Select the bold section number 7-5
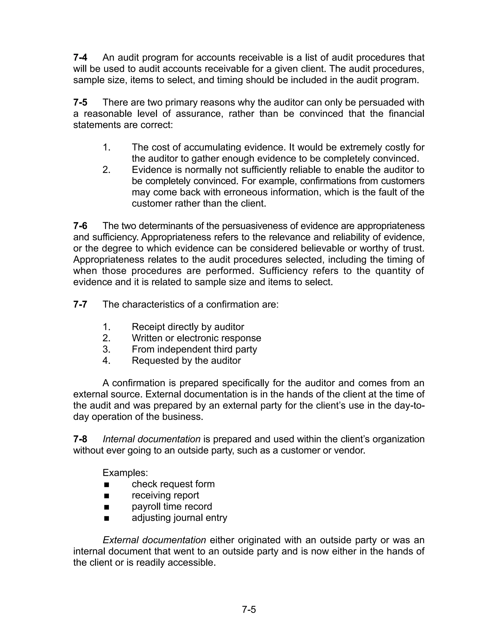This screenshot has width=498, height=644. point(80,102)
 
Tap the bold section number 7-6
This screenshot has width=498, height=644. point(80,226)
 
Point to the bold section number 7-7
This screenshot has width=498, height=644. point(80,304)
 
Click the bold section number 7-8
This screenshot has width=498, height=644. point(80,439)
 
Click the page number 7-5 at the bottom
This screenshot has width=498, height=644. point(249,609)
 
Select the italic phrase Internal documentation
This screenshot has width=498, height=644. point(151,439)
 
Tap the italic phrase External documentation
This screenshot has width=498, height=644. point(154,540)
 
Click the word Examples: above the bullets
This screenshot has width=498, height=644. point(125,473)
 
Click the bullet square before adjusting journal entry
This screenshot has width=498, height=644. point(107,518)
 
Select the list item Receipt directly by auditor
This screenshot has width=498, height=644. point(188,327)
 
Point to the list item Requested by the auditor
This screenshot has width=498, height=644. point(186,360)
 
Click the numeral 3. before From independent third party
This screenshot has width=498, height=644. point(107,349)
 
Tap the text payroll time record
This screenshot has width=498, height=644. point(172,507)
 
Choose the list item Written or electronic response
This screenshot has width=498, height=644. point(196,338)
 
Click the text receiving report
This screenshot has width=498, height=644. point(165,495)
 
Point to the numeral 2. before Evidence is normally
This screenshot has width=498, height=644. point(107,170)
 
